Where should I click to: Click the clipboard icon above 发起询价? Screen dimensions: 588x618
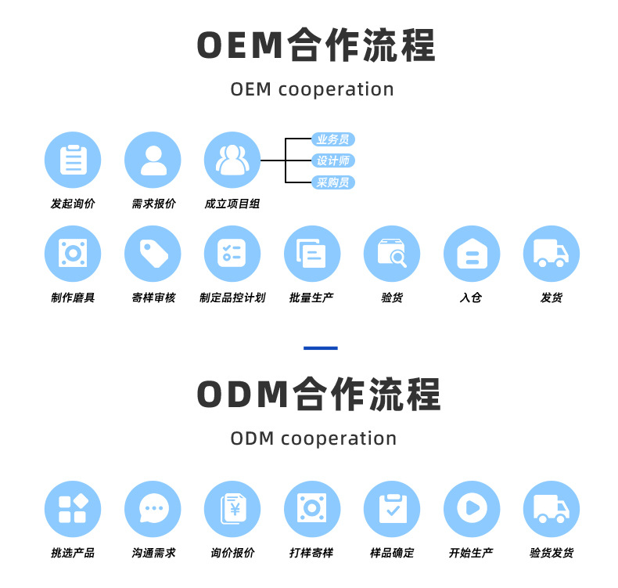pyautogui.click(x=73, y=160)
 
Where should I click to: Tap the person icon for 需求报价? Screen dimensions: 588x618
pyautogui.click(x=153, y=160)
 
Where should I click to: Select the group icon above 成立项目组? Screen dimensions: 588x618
pyautogui.click(x=232, y=160)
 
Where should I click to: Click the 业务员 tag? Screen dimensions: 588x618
pyautogui.click(x=332, y=139)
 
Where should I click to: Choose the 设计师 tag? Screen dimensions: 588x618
pyautogui.click(x=332, y=161)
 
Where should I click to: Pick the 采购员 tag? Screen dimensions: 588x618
pyautogui.click(x=332, y=182)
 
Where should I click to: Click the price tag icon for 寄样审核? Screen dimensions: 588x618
pyautogui.click(x=153, y=254)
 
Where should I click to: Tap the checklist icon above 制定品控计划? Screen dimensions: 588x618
pyautogui.click(x=232, y=254)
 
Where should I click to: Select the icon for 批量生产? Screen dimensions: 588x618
pyautogui.click(x=312, y=254)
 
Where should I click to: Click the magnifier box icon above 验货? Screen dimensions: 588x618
pyautogui.click(x=392, y=254)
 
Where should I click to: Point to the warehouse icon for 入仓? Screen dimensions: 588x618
pyautogui.click(x=472, y=254)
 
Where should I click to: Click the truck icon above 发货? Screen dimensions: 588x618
pyautogui.click(x=552, y=254)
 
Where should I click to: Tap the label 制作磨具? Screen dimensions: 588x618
pyautogui.click(x=73, y=298)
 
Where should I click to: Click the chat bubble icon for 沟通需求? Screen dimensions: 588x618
pyautogui.click(x=153, y=509)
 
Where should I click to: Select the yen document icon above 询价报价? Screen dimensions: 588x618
pyautogui.click(x=232, y=509)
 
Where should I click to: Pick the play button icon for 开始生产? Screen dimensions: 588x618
pyautogui.click(x=472, y=509)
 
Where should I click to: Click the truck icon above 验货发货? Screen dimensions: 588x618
pyautogui.click(x=552, y=509)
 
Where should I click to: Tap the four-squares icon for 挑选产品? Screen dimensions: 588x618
pyautogui.click(x=73, y=509)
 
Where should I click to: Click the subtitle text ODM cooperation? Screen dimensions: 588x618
pyautogui.click(x=313, y=438)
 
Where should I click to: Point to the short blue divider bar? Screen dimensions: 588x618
pyautogui.click(x=320, y=348)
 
